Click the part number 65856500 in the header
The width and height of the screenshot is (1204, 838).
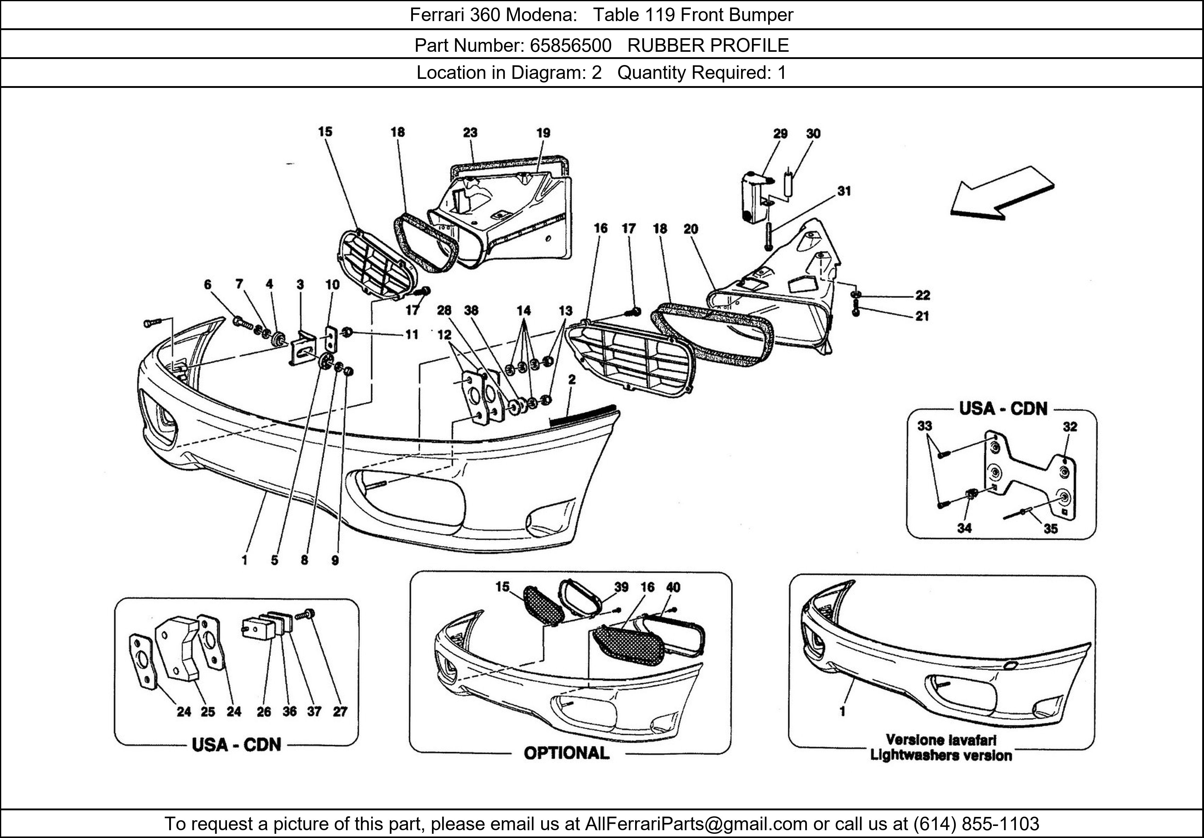click(x=570, y=46)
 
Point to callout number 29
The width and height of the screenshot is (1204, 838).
click(x=780, y=134)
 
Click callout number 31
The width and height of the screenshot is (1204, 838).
click(x=844, y=191)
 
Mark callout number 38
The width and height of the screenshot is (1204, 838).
click(x=471, y=310)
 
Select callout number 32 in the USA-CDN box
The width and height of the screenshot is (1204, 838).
click(x=1070, y=427)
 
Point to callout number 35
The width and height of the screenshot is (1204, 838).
click(x=1050, y=529)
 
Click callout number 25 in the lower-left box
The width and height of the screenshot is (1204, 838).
click(x=208, y=712)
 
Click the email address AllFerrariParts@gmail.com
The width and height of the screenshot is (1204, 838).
click(x=696, y=824)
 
